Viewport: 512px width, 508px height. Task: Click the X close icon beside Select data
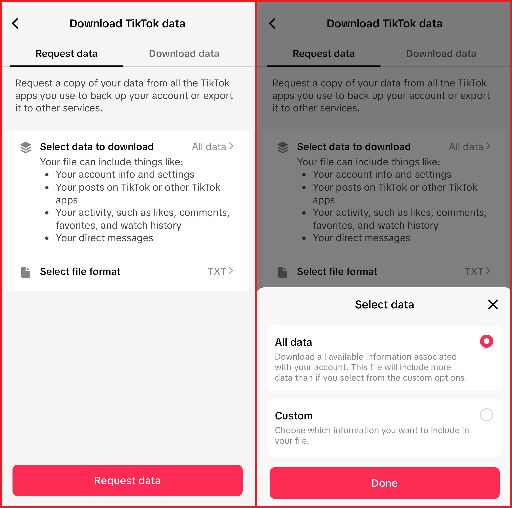click(x=493, y=304)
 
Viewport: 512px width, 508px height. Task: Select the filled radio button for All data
click(x=486, y=341)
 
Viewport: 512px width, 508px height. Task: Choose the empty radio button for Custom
click(x=486, y=415)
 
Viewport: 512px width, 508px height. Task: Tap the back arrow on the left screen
click(x=15, y=24)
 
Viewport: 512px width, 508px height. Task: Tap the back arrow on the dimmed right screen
click(x=272, y=24)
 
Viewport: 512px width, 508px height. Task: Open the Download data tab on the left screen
click(x=184, y=54)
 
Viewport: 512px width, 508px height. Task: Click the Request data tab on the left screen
click(x=66, y=54)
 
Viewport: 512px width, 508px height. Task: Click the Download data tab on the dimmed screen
click(x=441, y=54)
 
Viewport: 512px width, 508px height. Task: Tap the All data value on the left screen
click(x=212, y=147)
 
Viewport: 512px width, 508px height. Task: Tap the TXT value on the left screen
click(x=220, y=271)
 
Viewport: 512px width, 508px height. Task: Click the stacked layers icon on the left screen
click(x=26, y=147)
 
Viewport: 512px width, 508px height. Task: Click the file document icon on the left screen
click(x=26, y=272)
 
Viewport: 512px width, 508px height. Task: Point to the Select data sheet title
click(x=384, y=304)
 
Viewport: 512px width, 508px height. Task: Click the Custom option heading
click(x=294, y=416)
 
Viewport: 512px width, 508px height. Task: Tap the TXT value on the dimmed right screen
click(x=477, y=271)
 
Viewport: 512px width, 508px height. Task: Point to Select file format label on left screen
click(x=80, y=271)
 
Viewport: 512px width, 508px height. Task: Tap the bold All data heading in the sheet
click(x=293, y=342)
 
